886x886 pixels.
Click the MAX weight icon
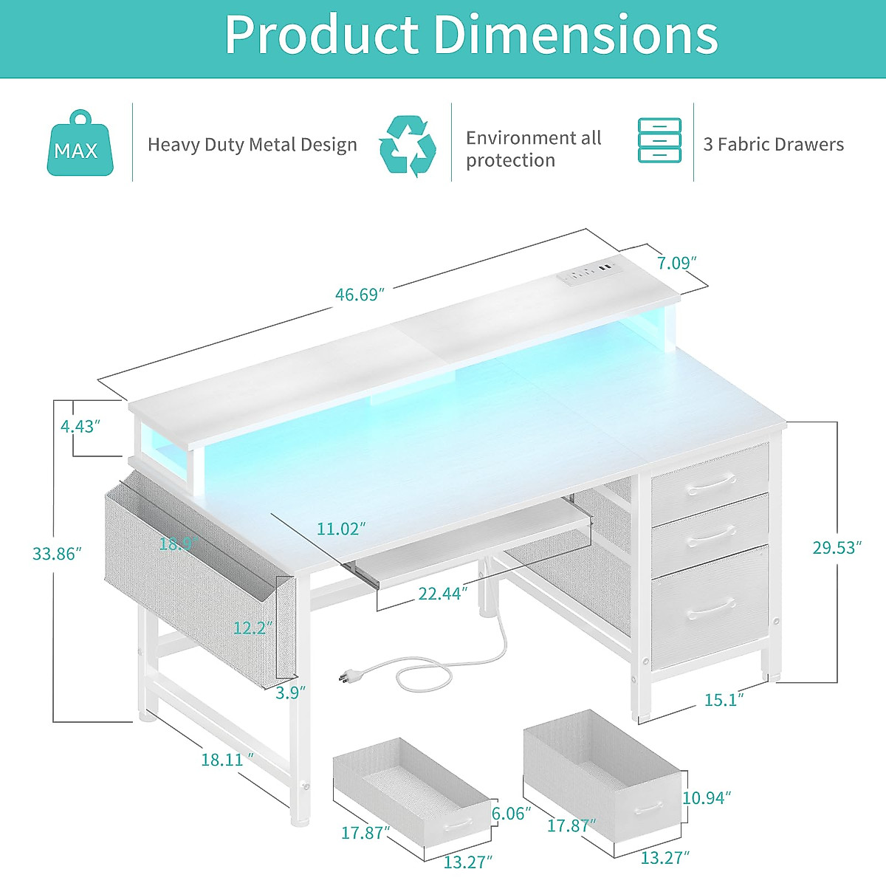(80, 145)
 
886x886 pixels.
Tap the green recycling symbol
(407, 145)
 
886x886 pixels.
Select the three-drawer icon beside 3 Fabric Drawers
(659, 140)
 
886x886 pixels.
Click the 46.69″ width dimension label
(360, 295)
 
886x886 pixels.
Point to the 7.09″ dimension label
(676, 262)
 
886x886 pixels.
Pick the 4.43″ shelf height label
(80, 426)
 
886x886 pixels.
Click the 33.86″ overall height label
(57, 554)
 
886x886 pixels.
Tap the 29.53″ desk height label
(837, 547)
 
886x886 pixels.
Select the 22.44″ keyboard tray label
(443, 593)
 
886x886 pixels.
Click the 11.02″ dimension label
(341, 529)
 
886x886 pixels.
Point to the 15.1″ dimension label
(724, 699)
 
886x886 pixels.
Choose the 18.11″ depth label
(227, 759)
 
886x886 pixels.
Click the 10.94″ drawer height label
(707, 797)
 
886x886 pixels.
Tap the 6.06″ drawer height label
(511, 813)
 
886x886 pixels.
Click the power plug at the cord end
(344, 676)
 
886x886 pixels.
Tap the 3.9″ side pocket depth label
(290, 693)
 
